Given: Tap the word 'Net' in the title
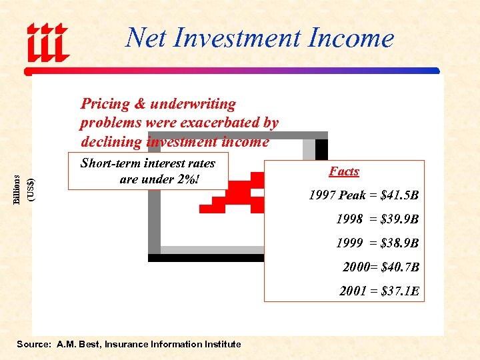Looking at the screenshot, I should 145,38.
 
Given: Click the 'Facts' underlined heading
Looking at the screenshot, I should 344,171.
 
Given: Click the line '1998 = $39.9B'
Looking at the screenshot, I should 377,219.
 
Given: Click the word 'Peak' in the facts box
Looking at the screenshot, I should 351,195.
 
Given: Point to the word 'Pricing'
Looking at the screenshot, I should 105,104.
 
